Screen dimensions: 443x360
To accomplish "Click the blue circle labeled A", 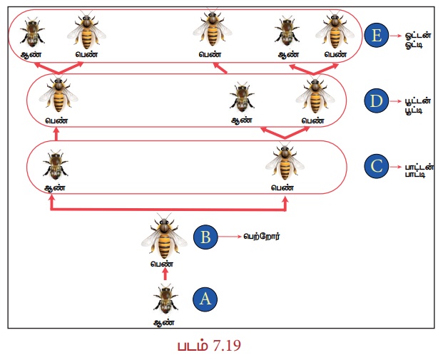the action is coord(205,299).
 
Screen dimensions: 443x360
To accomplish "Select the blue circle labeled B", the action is coord(205,237).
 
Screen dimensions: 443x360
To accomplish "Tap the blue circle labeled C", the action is coord(377,166).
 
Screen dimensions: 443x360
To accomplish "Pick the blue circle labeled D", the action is coord(377,101).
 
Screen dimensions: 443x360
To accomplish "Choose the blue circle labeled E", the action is coord(377,36).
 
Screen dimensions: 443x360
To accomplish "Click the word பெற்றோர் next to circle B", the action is coord(262,237).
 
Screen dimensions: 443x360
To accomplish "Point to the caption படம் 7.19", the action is coord(209,346).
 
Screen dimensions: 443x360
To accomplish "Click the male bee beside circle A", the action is coord(166,300).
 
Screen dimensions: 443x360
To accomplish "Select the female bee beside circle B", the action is coord(164,237).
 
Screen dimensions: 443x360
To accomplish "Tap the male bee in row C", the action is coord(56,165).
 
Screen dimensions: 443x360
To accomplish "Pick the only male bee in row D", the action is coord(242,96).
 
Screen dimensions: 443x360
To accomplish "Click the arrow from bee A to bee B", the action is coord(166,274).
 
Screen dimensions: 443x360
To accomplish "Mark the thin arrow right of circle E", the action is coord(395,36).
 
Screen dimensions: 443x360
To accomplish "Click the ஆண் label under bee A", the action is coord(164,322).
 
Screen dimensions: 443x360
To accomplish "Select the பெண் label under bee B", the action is coord(162,264).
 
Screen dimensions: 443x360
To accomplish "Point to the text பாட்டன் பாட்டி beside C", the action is coord(419,170).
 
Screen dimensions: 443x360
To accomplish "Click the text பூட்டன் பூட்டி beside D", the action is coord(418,105).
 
